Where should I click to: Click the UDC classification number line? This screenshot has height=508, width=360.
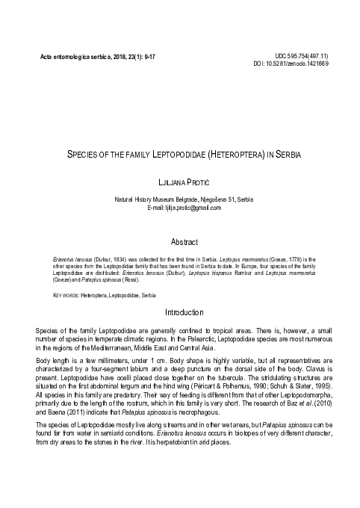(302, 56)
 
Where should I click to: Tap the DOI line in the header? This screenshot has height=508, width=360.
(297, 64)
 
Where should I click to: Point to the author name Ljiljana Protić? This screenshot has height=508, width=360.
(179, 182)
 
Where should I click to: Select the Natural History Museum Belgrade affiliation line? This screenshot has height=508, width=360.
(179, 199)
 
